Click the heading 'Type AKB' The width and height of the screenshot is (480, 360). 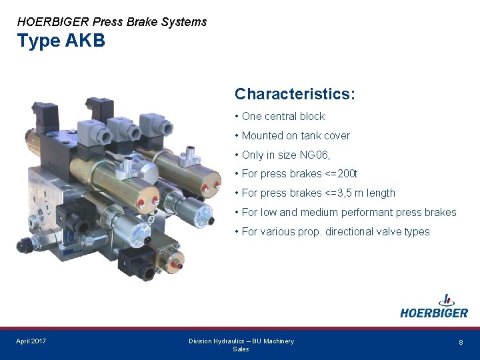tap(61, 41)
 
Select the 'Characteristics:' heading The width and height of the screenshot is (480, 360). tap(295, 94)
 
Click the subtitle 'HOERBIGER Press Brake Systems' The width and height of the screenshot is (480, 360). tap(112, 21)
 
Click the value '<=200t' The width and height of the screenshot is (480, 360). tap(342, 174)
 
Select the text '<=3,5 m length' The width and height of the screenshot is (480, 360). tap(361, 193)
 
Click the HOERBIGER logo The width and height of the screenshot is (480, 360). tap(434, 307)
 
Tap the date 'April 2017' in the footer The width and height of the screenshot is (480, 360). tap(31, 341)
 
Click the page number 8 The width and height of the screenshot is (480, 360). tap(461, 342)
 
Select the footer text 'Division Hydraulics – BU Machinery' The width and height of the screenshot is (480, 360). tap(241, 341)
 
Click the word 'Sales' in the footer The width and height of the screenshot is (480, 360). tap(241, 349)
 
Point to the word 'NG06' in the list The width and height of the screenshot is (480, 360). tap(314, 155)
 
